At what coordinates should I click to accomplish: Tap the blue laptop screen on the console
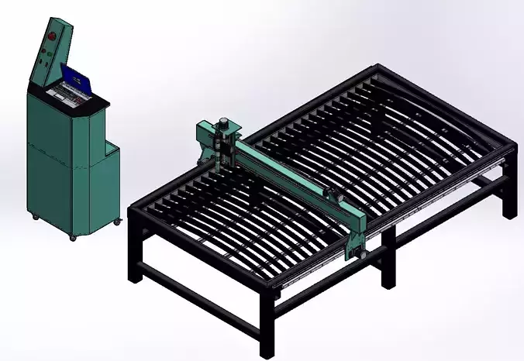76,77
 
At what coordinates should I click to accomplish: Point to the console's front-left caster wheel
34,216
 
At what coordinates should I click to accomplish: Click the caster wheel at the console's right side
118,222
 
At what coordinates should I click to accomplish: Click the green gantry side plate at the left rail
205,139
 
